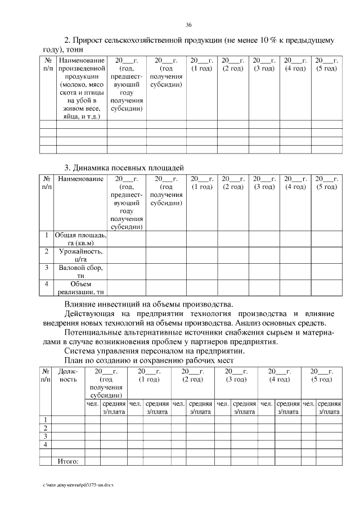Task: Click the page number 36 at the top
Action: pyautogui.click(x=189, y=24)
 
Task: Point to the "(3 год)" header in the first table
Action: pyautogui.click(x=264, y=68)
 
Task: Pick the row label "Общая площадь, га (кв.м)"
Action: pyautogui.click(x=81, y=239)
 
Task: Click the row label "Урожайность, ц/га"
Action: pyautogui.click(x=81, y=255)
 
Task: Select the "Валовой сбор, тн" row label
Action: pyautogui.click(x=81, y=272)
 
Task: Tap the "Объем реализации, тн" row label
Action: pyautogui.click(x=81, y=288)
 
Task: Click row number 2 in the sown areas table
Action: pyautogui.click(x=47, y=251)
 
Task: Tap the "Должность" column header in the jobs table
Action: pyautogui.click(x=68, y=375)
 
